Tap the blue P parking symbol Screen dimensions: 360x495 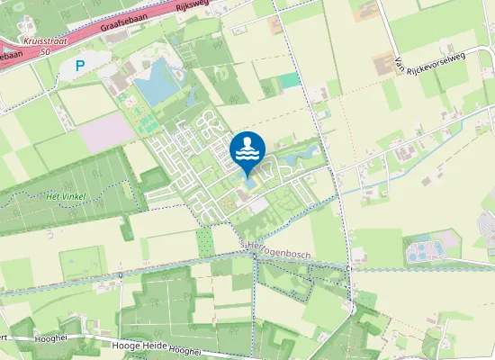point(80,65)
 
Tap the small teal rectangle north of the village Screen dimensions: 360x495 point(288,80)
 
